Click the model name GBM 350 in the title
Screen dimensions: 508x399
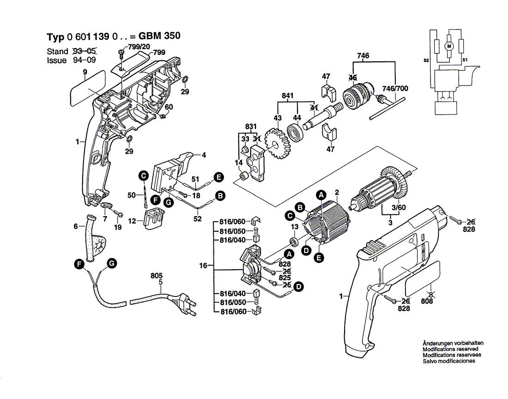159,36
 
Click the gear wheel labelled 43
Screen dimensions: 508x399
278,143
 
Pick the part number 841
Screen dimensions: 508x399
287,96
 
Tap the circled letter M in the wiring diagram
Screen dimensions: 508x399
449,46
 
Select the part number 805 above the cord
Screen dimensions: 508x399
157,276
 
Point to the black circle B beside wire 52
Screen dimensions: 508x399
220,196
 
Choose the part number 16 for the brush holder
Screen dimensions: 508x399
203,266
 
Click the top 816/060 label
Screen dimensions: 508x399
232,222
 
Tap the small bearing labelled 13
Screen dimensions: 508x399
294,242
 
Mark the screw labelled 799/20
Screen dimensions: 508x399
121,54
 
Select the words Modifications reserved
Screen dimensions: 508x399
450,349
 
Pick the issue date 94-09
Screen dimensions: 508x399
85,60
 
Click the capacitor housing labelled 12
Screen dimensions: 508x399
154,219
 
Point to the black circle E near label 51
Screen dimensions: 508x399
219,177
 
